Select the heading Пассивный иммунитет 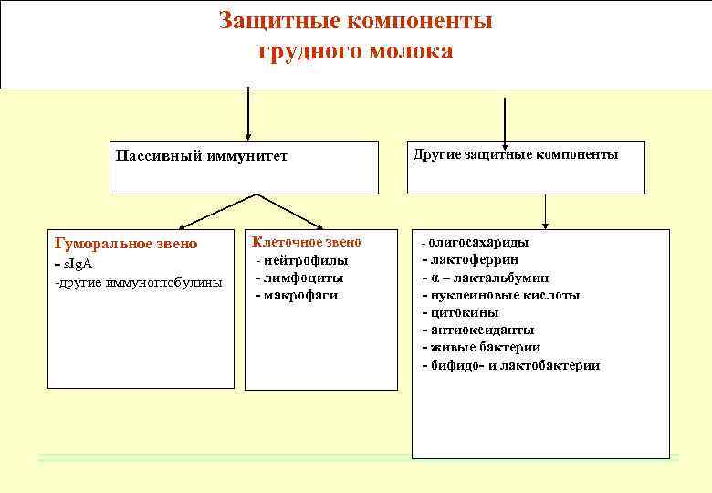tap(202, 155)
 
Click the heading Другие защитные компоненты tap(516, 154)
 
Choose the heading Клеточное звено tap(307, 242)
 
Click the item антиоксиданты tap(479, 330)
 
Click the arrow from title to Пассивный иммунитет tap(247, 114)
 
